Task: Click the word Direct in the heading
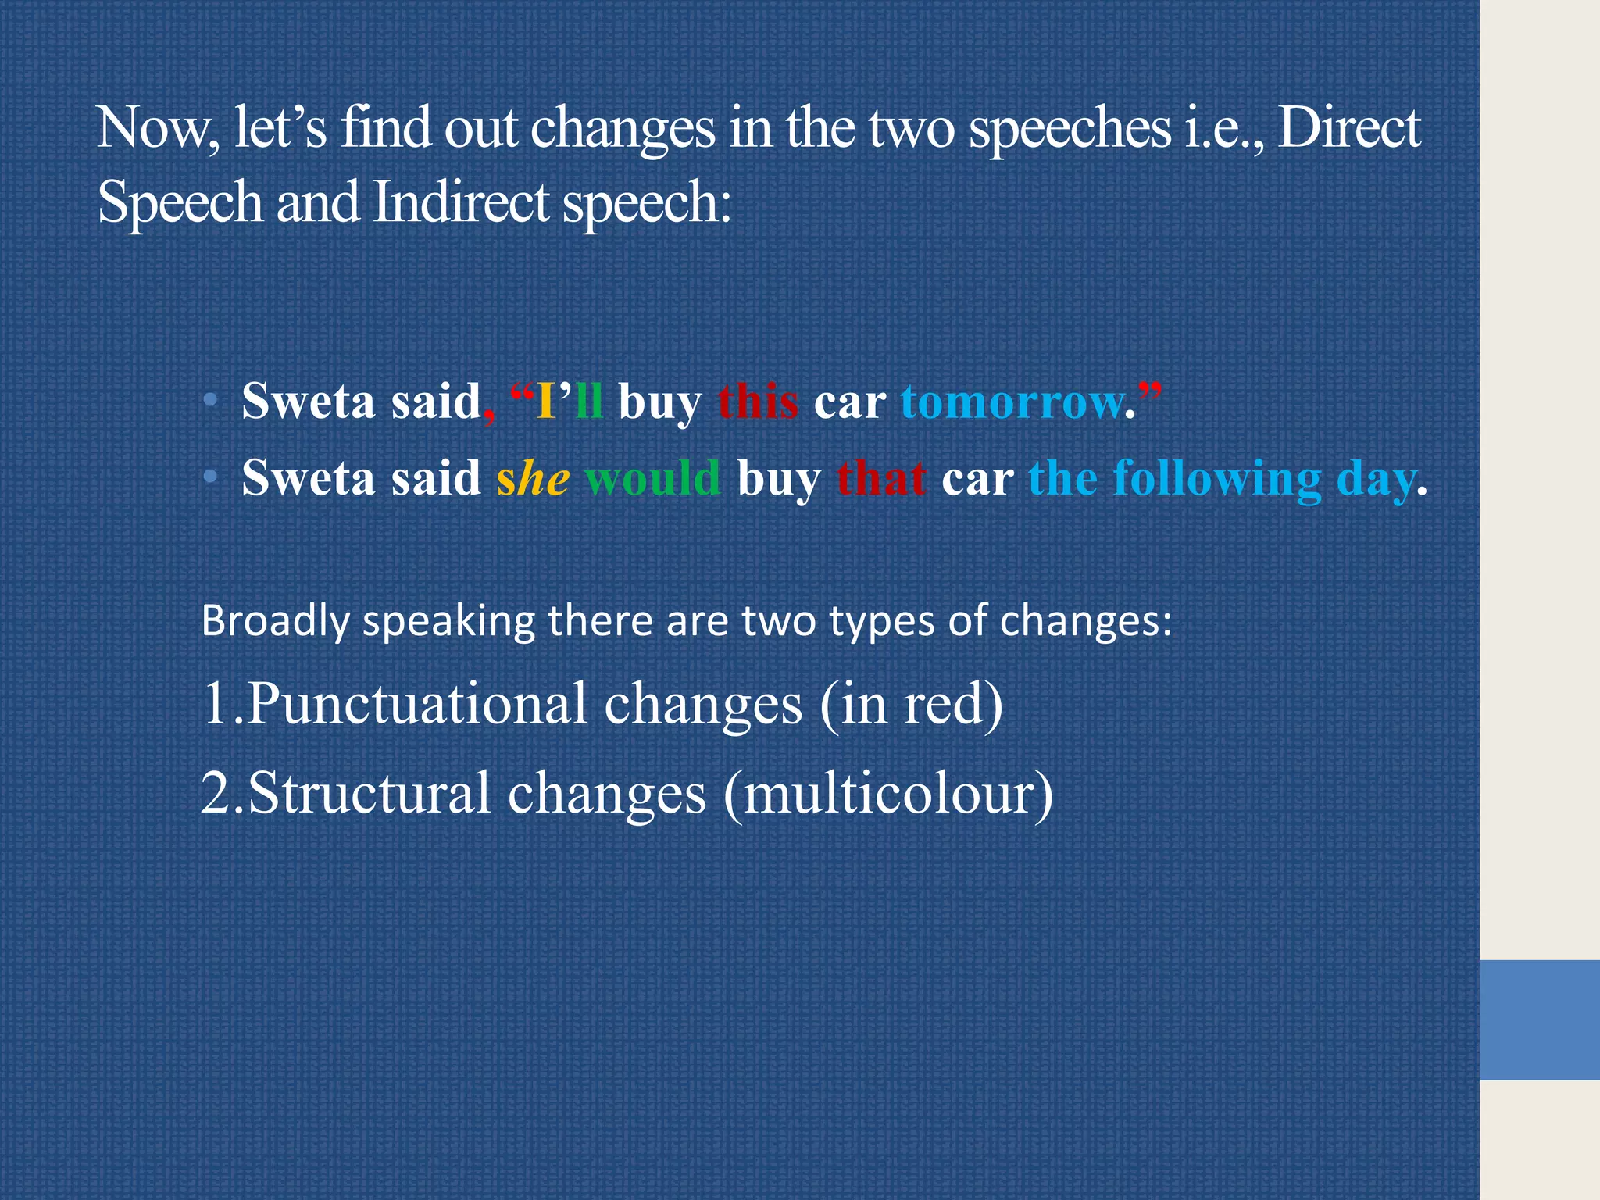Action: (1348, 129)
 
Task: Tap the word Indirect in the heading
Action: (461, 202)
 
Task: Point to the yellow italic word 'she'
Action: (533, 478)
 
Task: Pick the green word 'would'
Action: (652, 478)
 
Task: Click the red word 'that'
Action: (881, 478)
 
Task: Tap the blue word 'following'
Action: (1216, 478)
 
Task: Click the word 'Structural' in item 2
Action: (370, 793)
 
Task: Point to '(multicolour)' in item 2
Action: (888, 793)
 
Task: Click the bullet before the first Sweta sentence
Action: (209, 401)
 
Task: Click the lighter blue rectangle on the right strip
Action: (1539, 1020)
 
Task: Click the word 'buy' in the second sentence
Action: (778, 478)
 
